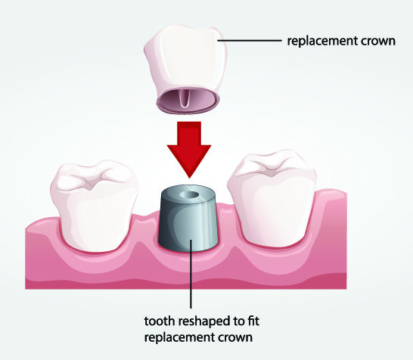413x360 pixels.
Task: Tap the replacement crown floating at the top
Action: pyautogui.click(x=185, y=69)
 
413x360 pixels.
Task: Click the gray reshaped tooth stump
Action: pyautogui.click(x=188, y=219)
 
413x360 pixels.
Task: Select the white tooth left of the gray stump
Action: pyautogui.click(x=94, y=206)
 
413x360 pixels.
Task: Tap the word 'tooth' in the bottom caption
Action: pyautogui.click(x=160, y=321)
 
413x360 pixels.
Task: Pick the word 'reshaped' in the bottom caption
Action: pyautogui.click(x=206, y=322)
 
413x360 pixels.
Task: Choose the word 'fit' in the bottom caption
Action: pyautogui.click(x=253, y=321)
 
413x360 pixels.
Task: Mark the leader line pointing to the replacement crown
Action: pyautogui.click(x=250, y=41)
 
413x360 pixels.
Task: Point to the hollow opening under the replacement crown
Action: pyautogui.click(x=188, y=101)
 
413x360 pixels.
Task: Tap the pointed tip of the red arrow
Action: pyautogui.click(x=189, y=178)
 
